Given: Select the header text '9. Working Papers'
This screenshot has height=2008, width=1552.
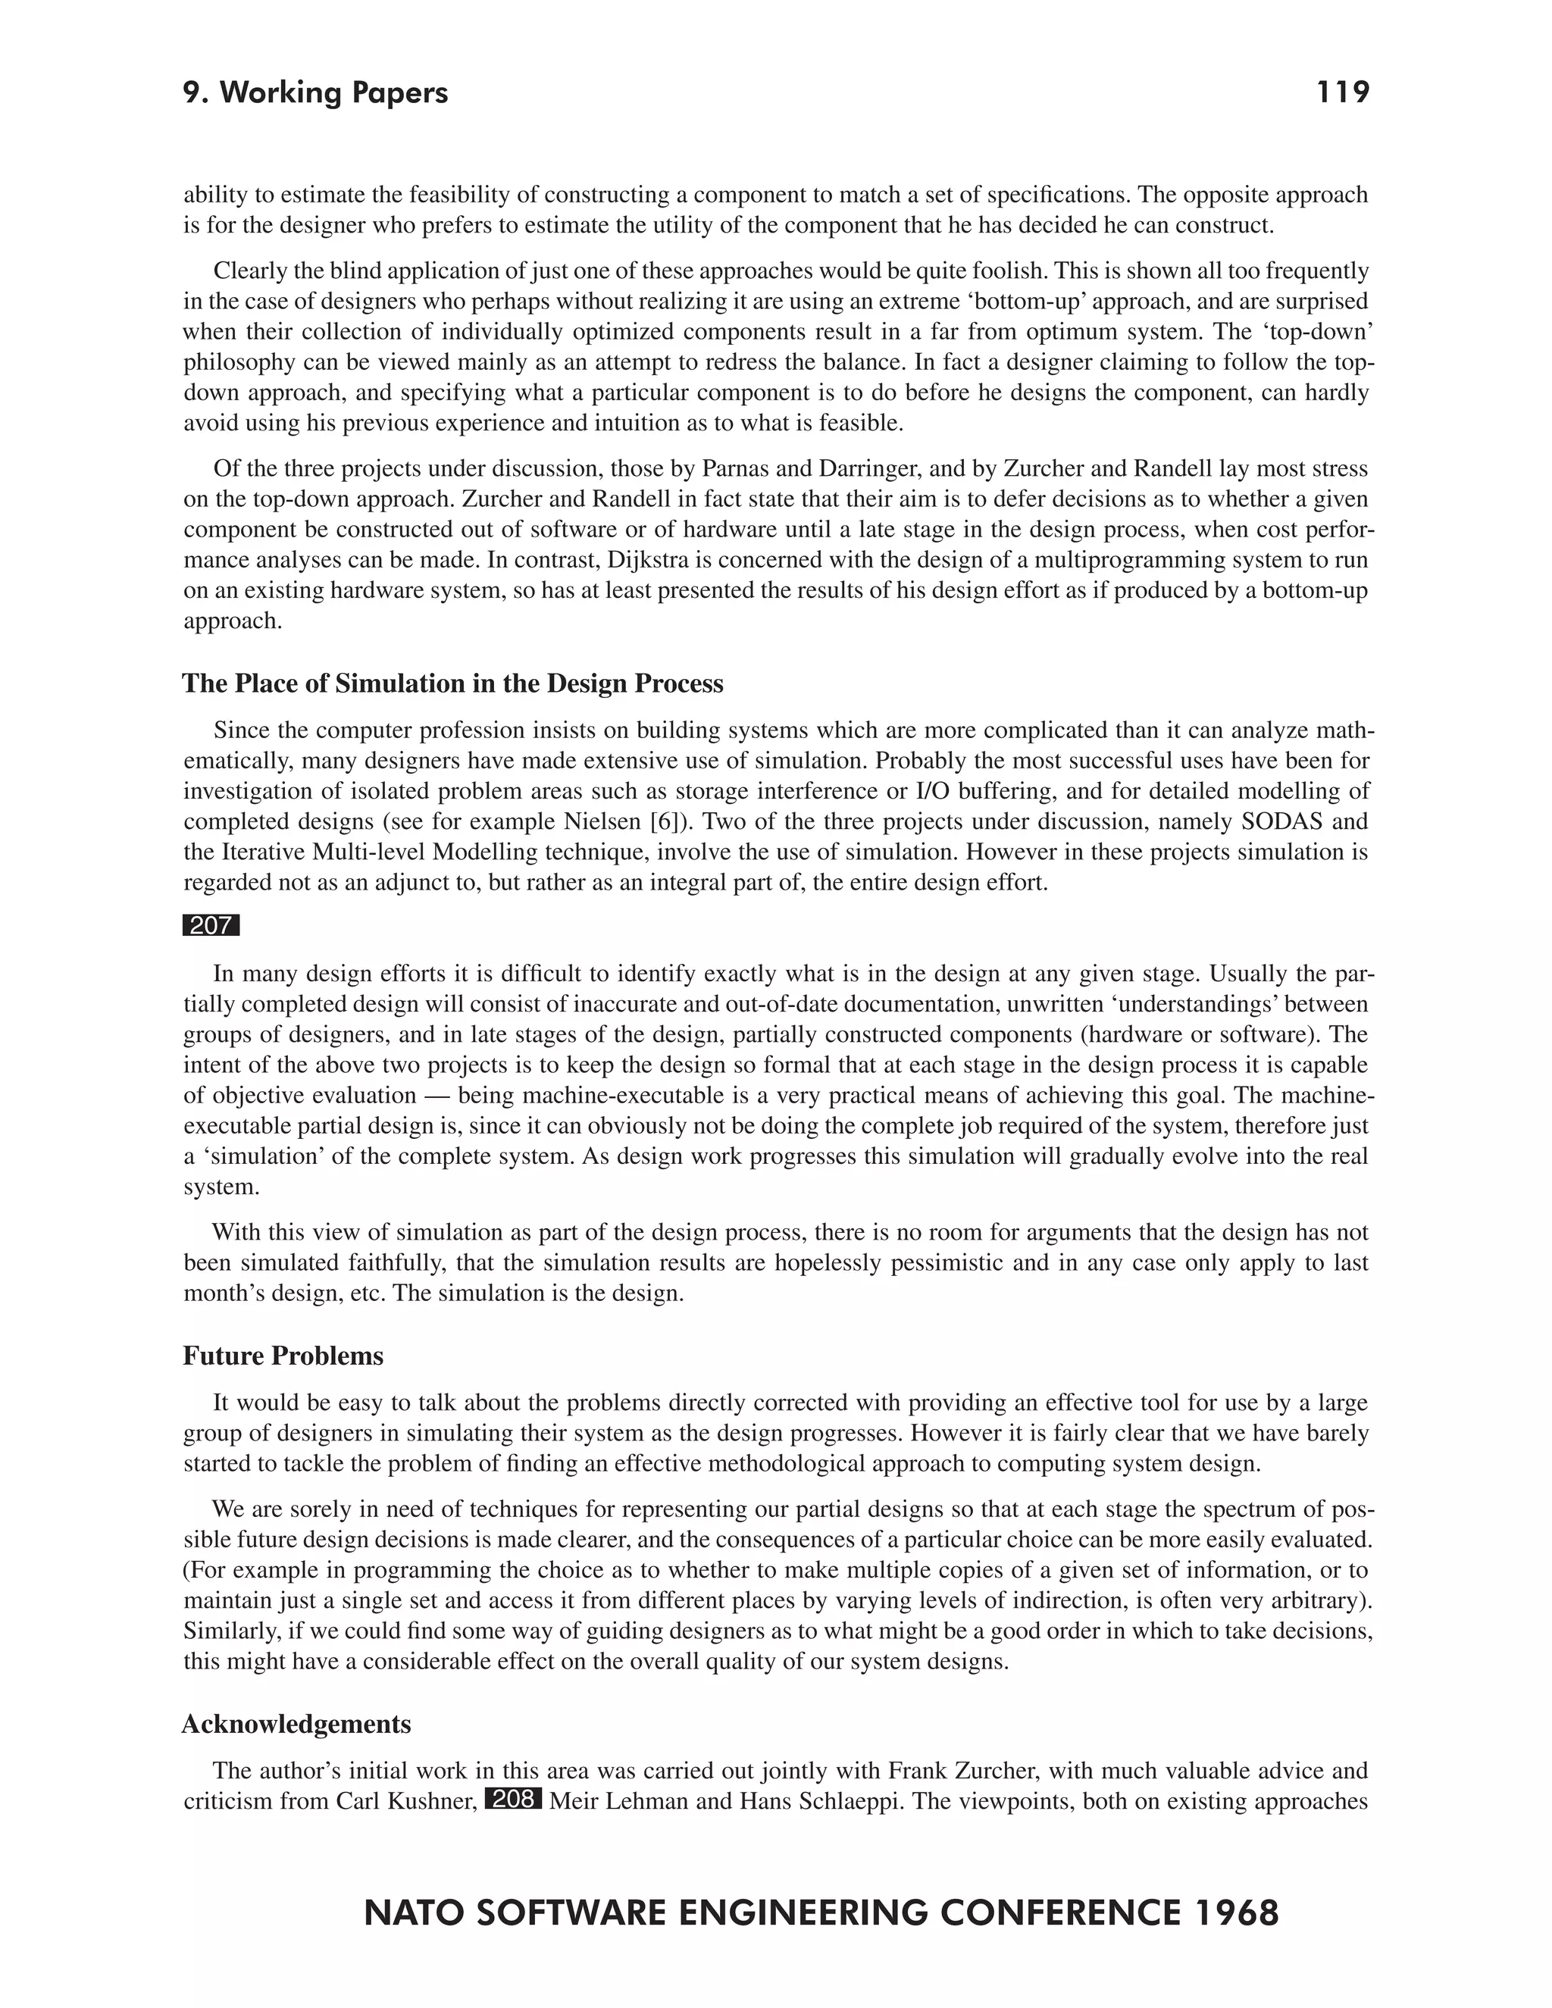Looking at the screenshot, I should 315,93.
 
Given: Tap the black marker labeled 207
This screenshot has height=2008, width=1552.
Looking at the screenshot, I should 211,926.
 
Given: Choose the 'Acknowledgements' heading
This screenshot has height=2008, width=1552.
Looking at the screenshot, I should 296,1724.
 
